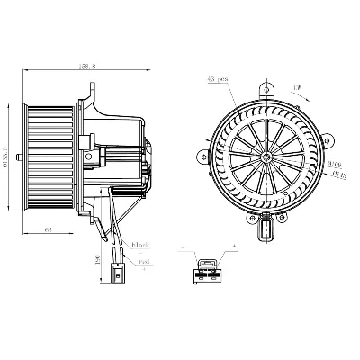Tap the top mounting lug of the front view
[266, 90]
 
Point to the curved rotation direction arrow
[297, 89]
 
